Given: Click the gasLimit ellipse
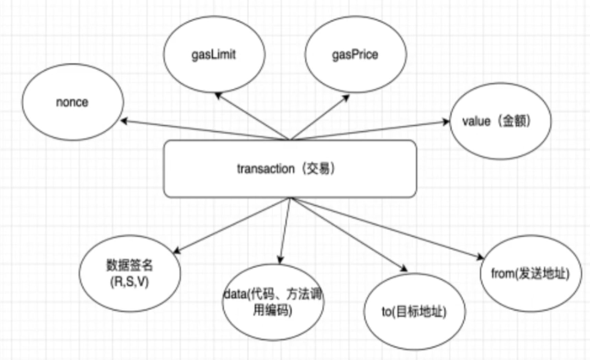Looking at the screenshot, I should pyautogui.click(x=214, y=55).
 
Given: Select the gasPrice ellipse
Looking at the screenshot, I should pyautogui.click(x=355, y=55).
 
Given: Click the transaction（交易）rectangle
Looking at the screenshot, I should pyautogui.click(x=290, y=169).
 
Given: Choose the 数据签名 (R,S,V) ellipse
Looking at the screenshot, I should pyautogui.click(x=130, y=274).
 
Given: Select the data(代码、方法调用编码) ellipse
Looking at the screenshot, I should pyautogui.click(x=273, y=303).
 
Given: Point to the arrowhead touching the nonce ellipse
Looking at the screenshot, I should pyautogui.click(x=125, y=120).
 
